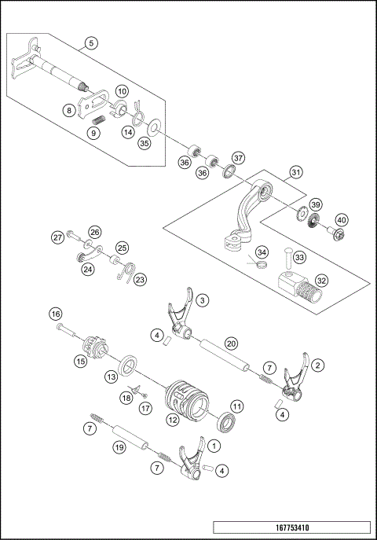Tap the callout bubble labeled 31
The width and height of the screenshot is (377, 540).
(x=295, y=172)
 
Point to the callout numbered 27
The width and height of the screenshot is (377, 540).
(x=57, y=237)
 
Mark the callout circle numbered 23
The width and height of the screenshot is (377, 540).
(x=139, y=279)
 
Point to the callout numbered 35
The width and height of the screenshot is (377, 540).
(x=144, y=144)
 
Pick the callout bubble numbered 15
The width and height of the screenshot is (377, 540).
(x=80, y=362)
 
